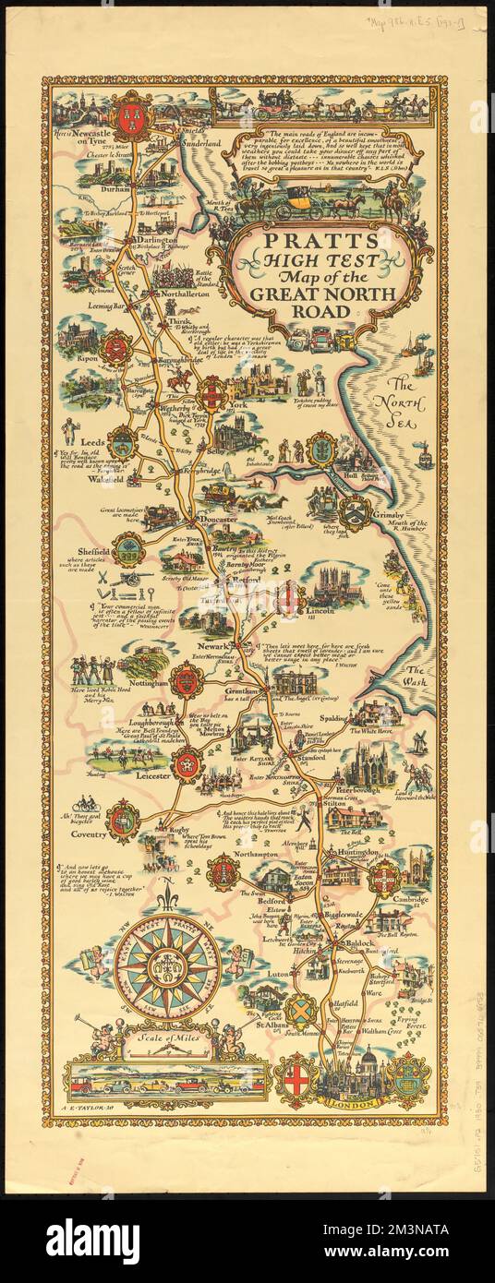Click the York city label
click(x=239, y=404)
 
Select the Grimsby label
click(x=390, y=506)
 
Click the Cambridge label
click(x=409, y=899)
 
